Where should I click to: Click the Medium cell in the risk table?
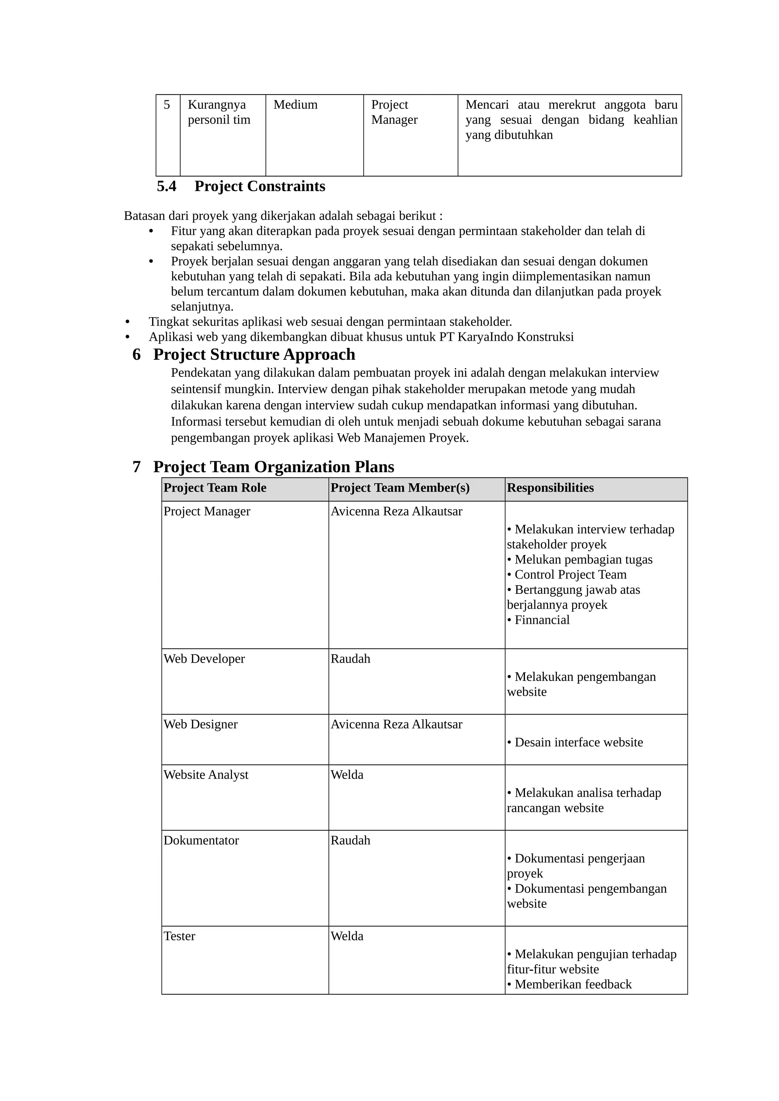295,105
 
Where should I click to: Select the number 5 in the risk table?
167,105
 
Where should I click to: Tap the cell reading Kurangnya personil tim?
219,112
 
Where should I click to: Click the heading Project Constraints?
260,186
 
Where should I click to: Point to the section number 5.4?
167,186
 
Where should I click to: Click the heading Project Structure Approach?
254,354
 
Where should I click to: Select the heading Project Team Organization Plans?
273,467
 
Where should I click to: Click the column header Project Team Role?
215,488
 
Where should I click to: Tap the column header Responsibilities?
550,488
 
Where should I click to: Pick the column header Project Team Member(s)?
400,488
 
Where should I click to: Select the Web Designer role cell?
200,725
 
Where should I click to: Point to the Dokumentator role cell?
201,841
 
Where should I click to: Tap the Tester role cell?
179,936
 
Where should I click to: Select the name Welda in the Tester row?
347,936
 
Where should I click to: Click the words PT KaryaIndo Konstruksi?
506,337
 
